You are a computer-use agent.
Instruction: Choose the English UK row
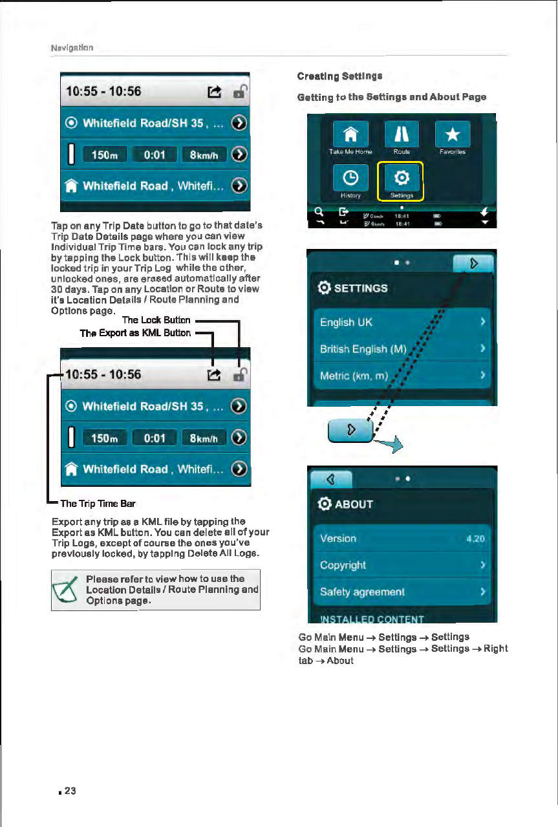[402, 322]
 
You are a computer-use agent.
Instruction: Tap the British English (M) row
[402, 349]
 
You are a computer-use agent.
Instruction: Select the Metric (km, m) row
[402, 376]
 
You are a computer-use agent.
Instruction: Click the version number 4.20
[479, 539]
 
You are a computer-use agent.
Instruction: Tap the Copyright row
[402, 565]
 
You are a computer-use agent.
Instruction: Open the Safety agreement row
[402, 592]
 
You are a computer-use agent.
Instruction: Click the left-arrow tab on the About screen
[330, 480]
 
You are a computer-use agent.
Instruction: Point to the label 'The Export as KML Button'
[135, 333]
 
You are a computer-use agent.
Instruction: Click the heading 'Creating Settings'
[339, 76]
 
